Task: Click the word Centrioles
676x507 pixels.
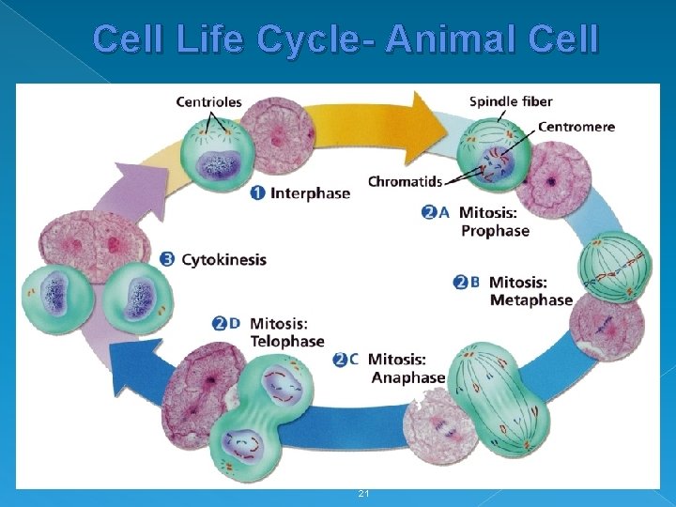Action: tap(208, 101)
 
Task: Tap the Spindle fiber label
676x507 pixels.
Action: tap(511, 101)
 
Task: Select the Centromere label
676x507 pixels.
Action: tap(576, 127)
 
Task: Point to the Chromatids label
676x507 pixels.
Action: tap(405, 181)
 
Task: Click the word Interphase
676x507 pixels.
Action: tap(310, 193)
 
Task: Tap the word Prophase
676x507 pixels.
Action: tap(495, 231)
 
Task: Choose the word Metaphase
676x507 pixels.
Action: tap(530, 300)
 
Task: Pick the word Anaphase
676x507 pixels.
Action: tap(407, 377)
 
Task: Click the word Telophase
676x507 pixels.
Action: tap(286, 341)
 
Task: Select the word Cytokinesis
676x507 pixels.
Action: tap(223, 259)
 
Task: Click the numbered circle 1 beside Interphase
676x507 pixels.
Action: tap(258, 193)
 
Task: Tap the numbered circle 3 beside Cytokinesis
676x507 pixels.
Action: tap(167, 259)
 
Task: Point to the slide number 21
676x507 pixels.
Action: tap(364, 494)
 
